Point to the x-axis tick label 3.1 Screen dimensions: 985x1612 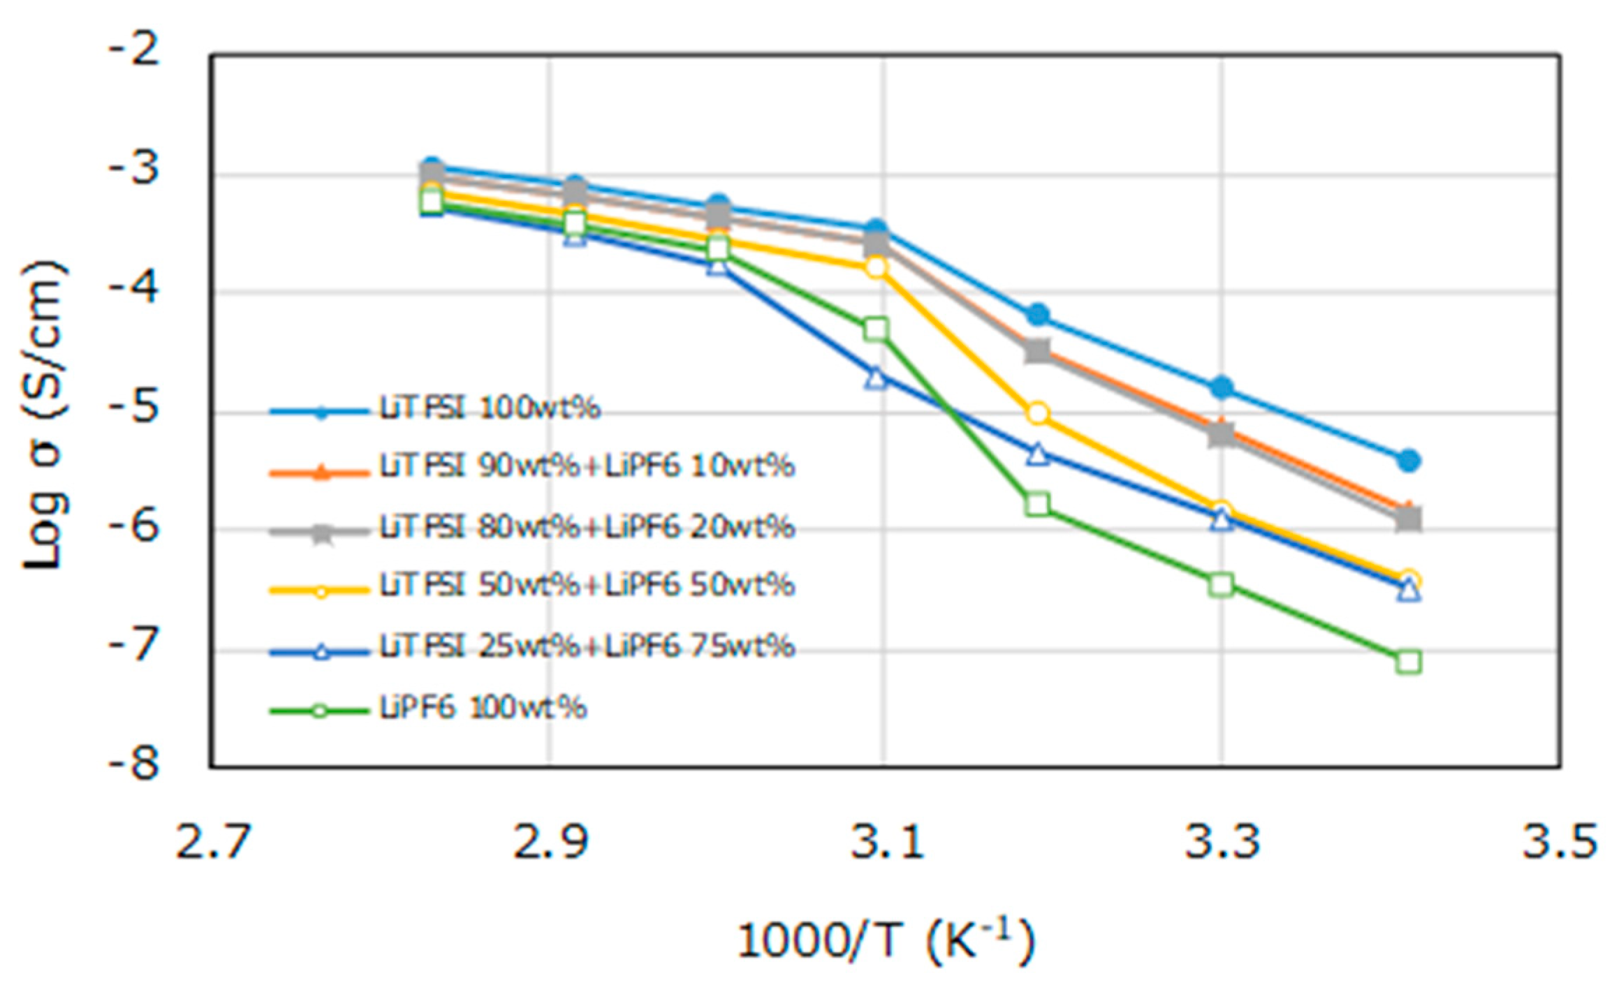pos(886,842)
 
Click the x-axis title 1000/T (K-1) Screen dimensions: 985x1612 pos(886,940)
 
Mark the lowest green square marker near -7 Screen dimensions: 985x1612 pos(1409,662)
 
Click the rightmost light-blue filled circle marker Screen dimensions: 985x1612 pos(1409,461)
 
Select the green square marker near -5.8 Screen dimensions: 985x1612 pos(1038,504)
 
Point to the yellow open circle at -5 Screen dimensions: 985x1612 pos(1038,413)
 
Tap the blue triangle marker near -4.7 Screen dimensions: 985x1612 pos(877,378)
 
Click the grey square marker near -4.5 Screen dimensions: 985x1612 pos(1038,350)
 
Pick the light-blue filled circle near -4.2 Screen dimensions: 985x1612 pos(1039,315)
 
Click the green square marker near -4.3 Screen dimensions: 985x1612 pos(876,329)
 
